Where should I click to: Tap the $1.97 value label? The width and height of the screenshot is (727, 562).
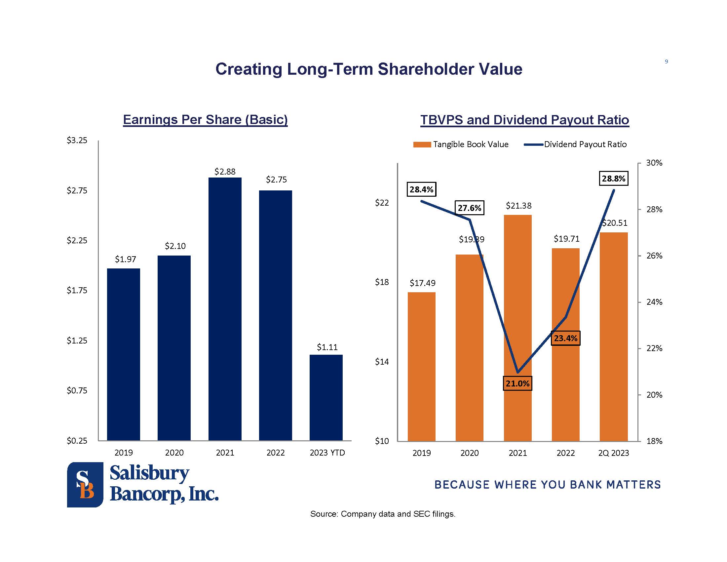click(x=126, y=259)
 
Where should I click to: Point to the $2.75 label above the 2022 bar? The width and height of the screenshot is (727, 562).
click(x=276, y=180)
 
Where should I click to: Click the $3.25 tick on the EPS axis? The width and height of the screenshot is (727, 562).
click(x=77, y=140)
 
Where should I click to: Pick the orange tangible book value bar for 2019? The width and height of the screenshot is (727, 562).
click(x=421, y=366)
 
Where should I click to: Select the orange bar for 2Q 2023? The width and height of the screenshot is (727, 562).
click(x=614, y=336)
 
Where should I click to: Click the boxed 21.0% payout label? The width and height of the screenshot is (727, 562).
click(x=517, y=383)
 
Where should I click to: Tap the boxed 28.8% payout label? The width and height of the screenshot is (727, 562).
click(x=614, y=179)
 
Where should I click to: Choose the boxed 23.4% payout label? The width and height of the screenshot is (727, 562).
click(x=565, y=338)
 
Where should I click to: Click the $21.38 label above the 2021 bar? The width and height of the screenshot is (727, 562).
click(x=518, y=206)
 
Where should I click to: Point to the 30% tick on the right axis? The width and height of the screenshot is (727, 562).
click(x=654, y=163)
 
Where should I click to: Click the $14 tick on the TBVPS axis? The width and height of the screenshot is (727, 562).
click(x=382, y=362)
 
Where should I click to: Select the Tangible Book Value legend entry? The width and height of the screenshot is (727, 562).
click(x=461, y=144)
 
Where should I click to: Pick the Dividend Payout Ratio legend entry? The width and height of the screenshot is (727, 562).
click(x=576, y=144)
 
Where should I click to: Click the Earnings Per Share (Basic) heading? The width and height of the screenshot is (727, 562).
click(x=206, y=120)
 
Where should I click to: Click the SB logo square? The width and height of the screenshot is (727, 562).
click(x=85, y=484)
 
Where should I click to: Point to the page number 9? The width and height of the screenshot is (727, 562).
click(x=667, y=61)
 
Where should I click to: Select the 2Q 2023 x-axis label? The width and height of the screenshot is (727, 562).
click(x=614, y=453)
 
